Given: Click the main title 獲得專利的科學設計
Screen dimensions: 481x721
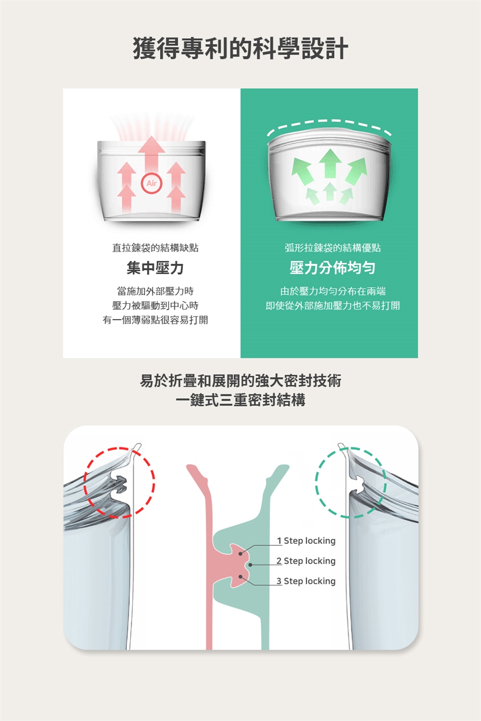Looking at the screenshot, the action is click(x=241, y=49).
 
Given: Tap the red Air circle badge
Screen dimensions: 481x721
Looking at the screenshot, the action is click(x=151, y=183).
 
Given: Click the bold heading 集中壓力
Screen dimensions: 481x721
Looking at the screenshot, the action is click(x=155, y=268).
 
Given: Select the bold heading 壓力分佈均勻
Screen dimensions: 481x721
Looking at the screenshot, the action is click(x=332, y=268).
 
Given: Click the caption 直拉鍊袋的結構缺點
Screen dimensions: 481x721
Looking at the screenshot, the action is click(x=155, y=248).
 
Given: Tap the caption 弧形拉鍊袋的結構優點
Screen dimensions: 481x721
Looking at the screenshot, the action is click(x=333, y=248).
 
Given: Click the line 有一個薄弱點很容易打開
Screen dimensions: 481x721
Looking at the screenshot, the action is click(x=155, y=320).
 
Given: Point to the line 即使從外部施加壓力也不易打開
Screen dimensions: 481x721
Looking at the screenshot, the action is click(x=333, y=305).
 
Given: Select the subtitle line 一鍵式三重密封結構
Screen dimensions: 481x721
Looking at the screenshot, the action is click(x=241, y=401).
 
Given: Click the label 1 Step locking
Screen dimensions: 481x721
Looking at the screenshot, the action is click(x=306, y=541).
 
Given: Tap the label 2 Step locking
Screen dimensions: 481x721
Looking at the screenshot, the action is click(x=306, y=561).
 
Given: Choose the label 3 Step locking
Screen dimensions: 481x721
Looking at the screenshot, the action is click(x=306, y=581).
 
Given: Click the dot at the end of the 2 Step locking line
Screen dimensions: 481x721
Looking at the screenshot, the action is click(x=250, y=565).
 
